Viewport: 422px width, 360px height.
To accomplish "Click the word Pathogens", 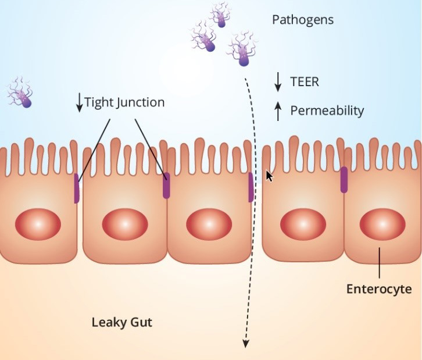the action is [x=303, y=20].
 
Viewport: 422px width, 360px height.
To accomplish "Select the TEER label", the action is [x=305, y=81].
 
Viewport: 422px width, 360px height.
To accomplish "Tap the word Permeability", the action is [x=327, y=111].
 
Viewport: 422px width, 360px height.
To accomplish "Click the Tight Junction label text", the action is [x=124, y=102].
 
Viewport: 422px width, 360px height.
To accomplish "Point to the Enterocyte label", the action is [x=379, y=289].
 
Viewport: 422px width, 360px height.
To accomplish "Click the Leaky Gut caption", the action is [x=122, y=322].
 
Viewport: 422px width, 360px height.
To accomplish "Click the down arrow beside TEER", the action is [x=278, y=82].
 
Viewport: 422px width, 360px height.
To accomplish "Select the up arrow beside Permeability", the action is [x=278, y=111].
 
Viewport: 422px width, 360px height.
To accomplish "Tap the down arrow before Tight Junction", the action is [x=80, y=102].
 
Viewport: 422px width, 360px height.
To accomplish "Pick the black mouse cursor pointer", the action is [x=269, y=176].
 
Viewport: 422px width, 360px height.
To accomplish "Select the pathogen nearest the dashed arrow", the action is [x=242, y=50].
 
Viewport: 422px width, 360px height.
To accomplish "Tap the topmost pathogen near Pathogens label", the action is [x=221, y=15].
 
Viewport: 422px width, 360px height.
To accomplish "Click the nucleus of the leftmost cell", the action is [x=38, y=224].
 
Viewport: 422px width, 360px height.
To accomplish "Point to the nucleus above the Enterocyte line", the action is [x=382, y=224].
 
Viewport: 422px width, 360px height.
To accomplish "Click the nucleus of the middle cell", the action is [x=209, y=224].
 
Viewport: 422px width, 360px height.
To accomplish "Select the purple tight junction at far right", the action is [x=344, y=180].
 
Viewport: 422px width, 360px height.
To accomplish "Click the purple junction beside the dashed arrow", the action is [x=251, y=187].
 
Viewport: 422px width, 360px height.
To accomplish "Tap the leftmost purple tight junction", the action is [x=76, y=188].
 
